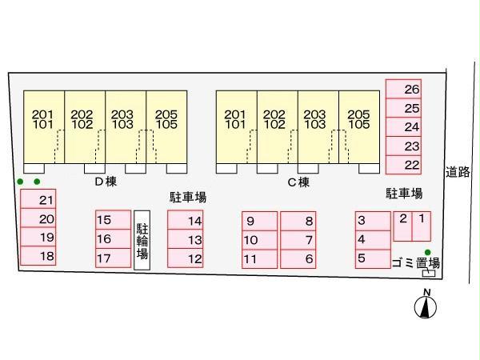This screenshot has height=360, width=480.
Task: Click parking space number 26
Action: click(403, 89)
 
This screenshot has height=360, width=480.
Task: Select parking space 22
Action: click(403, 165)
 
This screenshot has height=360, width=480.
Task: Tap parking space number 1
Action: click(422, 226)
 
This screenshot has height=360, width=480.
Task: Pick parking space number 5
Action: click(373, 258)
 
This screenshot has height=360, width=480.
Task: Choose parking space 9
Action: click(259, 221)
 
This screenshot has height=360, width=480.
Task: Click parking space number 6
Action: click(298, 259)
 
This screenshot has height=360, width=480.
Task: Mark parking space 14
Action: click(186, 220)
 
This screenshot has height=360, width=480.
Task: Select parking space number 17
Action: click(114, 258)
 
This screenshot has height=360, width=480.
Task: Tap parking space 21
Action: click(38, 199)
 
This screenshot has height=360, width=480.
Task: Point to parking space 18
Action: click(38, 256)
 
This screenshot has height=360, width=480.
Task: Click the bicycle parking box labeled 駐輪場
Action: click(142, 240)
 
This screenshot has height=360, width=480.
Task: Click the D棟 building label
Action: click(106, 182)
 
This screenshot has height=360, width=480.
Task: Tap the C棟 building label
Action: click(298, 182)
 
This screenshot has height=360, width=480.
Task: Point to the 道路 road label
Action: click(458, 172)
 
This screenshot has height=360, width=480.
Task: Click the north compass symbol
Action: click(426, 306)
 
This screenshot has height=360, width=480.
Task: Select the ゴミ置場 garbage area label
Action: click(416, 263)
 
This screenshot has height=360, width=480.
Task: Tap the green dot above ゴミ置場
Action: click(428, 253)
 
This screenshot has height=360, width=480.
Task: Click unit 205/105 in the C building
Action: click(359, 127)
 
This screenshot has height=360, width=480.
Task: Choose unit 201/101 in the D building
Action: click(44, 127)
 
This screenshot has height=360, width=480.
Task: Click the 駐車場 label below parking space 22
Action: click(404, 194)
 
